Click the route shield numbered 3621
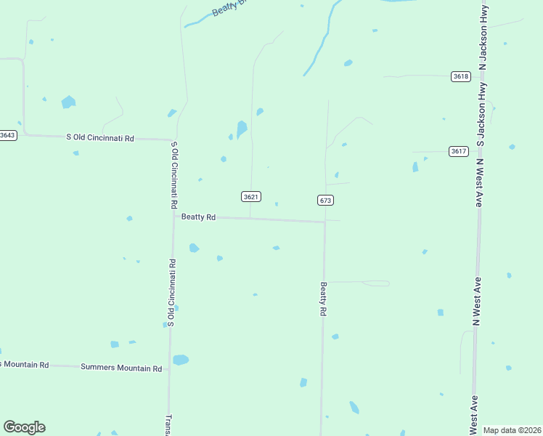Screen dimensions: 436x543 tap(251, 197)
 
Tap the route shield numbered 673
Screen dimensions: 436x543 tap(325, 200)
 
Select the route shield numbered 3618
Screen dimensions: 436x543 tap(460, 76)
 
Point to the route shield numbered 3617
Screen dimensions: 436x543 tap(458, 151)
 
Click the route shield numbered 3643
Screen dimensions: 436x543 tap(7, 135)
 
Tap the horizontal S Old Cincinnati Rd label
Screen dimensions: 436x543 tap(100, 137)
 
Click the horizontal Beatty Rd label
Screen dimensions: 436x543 tap(198, 217)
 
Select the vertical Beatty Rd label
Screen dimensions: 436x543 tap(324, 299)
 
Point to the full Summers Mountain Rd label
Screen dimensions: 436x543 tap(121, 368)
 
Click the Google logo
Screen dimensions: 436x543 tap(24, 427)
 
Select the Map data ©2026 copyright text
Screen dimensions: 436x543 tap(513, 430)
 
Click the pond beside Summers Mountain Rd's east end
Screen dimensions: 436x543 tap(181, 360)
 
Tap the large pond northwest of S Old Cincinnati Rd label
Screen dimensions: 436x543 tap(68, 102)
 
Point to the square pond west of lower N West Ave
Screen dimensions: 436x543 tap(441, 312)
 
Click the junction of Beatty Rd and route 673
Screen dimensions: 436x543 tap(324, 222)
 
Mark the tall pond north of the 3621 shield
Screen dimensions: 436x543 tap(242, 129)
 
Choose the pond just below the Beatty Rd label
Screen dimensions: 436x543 tap(194, 249)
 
